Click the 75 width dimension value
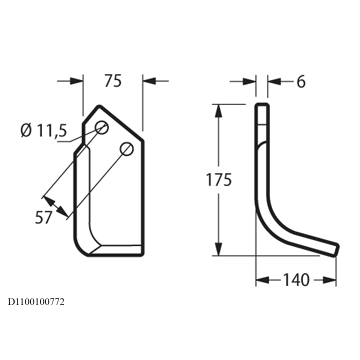click(x=113, y=81)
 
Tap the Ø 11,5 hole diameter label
click(x=43, y=131)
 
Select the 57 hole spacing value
click(x=44, y=218)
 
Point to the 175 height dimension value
click(x=219, y=180)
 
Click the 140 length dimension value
click(x=296, y=280)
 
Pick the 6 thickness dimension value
click(x=301, y=82)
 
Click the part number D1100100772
click(x=36, y=302)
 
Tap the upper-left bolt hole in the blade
click(x=102, y=127)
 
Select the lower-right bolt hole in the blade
click(x=127, y=149)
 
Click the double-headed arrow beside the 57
click(x=56, y=206)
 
